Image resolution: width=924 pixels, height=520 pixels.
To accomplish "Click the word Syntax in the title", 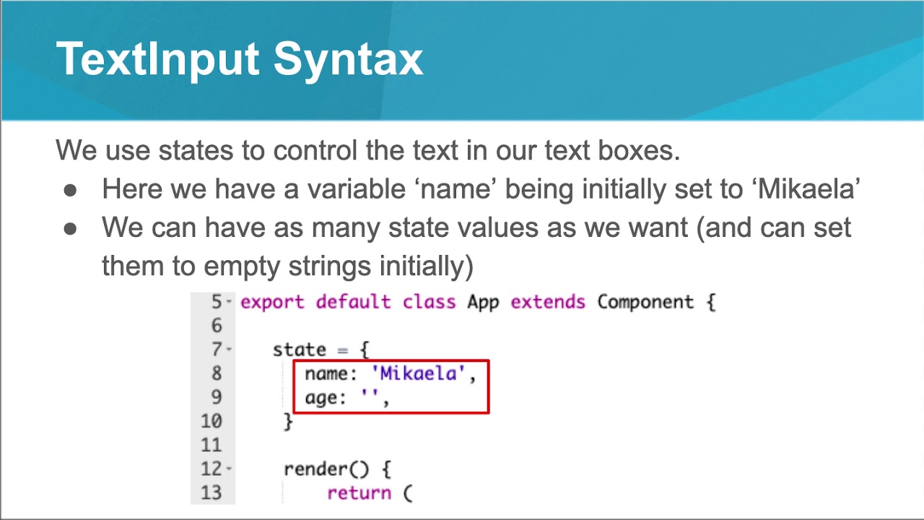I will pyautogui.click(x=348, y=59).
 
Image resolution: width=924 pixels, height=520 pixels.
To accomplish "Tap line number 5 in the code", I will pyautogui.click(x=217, y=302).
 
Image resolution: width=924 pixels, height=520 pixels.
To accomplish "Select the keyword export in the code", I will pyautogui.click(x=272, y=302).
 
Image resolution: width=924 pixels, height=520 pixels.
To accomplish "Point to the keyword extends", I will pyautogui.click(x=547, y=302).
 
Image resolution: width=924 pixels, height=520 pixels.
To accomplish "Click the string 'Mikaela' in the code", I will pyautogui.click(x=419, y=374).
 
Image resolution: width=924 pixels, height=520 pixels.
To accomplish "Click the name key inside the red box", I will pyautogui.click(x=327, y=374).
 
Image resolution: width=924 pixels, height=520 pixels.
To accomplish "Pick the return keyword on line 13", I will pyautogui.click(x=359, y=493).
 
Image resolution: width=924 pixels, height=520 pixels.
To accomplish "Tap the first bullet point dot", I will pyautogui.click(x=70, y=189).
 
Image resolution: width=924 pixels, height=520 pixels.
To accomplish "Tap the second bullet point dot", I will pyautogui.click(x=70, y=228).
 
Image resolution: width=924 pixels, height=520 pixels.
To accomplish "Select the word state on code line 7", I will pyautogui.click(x=300, y=350).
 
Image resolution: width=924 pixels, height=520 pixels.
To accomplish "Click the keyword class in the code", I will pyautogui.click(x=429, y=302).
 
